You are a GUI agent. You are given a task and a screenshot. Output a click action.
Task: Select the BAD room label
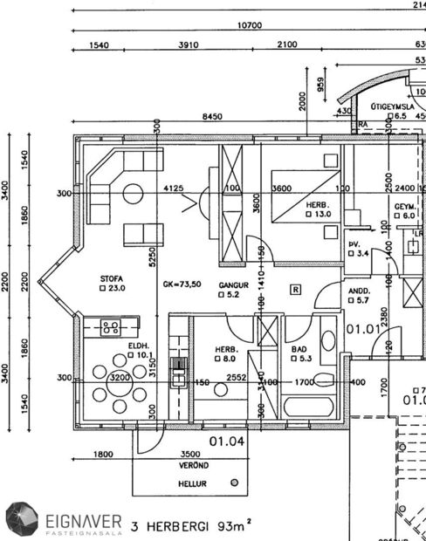pyautogui.click(x=299, y=350)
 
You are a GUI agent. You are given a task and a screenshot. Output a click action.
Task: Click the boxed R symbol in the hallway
pyautogui.click(x=297, y=289)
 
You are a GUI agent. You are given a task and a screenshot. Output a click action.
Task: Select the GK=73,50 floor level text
pyautogui.click(x=182, y=285)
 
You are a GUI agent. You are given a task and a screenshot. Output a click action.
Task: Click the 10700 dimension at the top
pyautogui.click(x=249, y=25)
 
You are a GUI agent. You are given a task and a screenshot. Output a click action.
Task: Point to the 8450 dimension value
pyautogui.click(x=211, y=116)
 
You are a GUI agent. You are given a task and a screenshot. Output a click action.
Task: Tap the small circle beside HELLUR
pyautogui.click(x=234, y=482)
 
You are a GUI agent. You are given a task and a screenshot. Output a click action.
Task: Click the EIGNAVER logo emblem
pyautogui.click(x=19, y=520)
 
